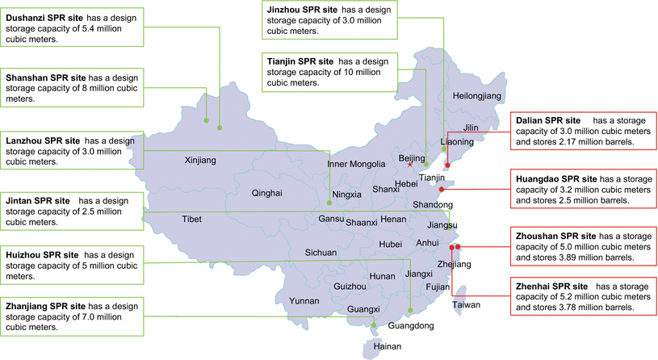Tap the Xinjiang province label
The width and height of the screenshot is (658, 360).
point(200,161)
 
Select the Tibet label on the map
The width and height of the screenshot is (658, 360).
point(191,219)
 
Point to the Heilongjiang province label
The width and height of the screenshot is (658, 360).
point(477,96)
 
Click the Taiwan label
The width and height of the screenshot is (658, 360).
point(466,305)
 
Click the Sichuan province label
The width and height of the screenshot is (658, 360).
point(321,253)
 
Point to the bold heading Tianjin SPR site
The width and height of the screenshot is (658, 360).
point(300,61)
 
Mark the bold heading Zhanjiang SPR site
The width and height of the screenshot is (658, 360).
point(45,307)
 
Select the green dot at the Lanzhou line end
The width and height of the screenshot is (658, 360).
point(330,203)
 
